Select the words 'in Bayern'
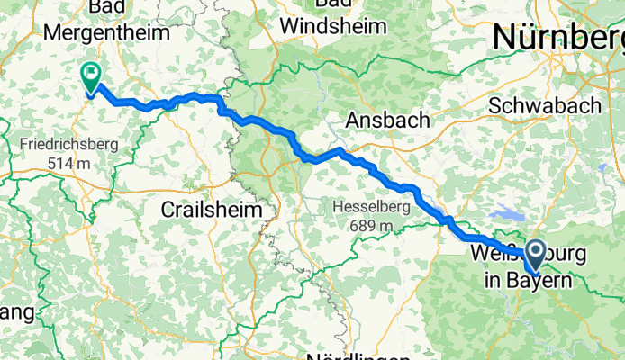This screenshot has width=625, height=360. tap(527, 281)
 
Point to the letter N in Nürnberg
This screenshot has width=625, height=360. tap(505, 37)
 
